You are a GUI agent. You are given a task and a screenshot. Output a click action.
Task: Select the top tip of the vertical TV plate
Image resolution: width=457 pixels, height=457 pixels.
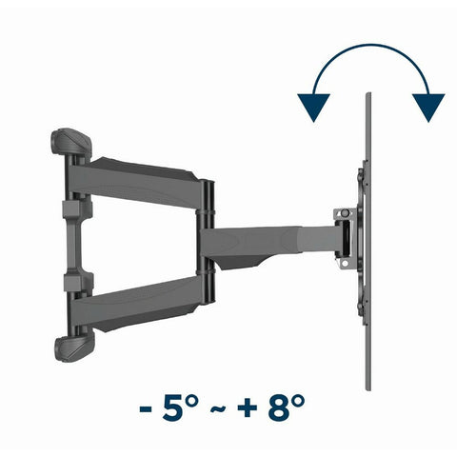tap(366, 96)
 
